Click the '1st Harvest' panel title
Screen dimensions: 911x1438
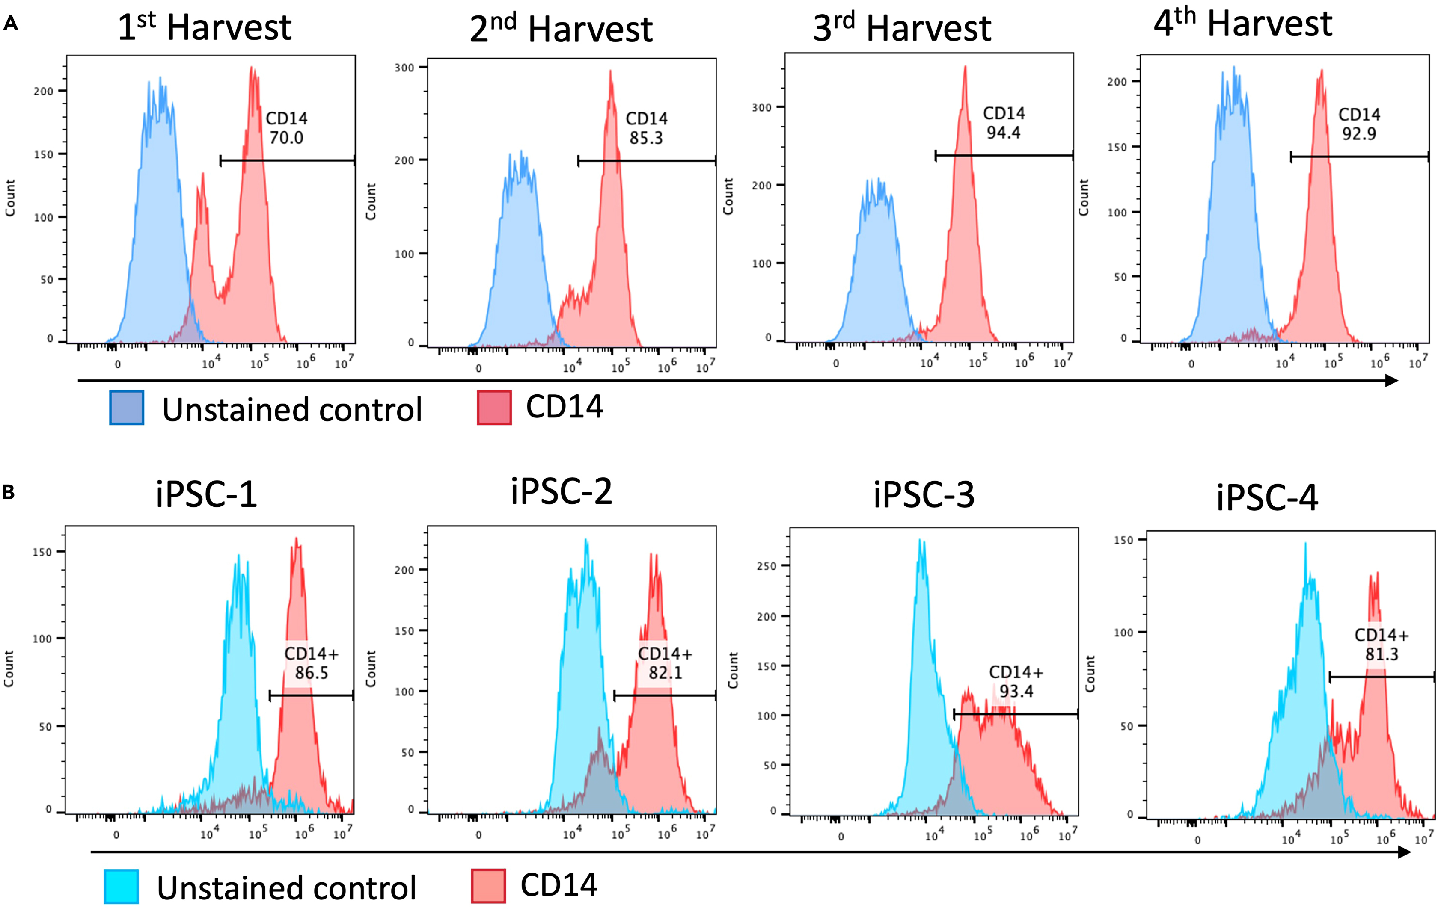[204, 27]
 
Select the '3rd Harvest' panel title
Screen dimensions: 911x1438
[902, 28]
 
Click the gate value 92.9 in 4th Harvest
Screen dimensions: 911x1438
[1359, 134]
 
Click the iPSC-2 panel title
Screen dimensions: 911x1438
[562, 492]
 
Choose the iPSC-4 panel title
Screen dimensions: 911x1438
[1267, 497]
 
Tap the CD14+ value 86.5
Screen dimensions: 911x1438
[311, 673]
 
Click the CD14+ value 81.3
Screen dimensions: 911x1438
[1381, 654]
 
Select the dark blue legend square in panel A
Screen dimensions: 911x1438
[127, 408]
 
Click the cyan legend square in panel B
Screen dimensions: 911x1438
[121, 887]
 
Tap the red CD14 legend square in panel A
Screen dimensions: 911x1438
[494, 408]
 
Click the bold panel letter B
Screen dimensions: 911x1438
[9, 493]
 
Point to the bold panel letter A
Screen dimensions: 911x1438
[10, 24]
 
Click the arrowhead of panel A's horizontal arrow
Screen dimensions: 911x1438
[1391, 380]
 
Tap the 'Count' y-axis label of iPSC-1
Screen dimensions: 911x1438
[9, 668]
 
